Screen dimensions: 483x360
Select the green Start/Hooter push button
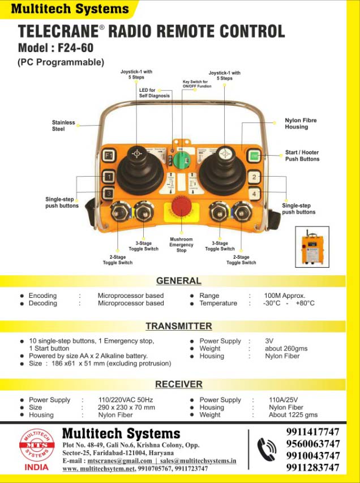(253, 156)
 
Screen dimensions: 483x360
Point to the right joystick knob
(225, 153)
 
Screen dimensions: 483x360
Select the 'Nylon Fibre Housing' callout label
(301, 123)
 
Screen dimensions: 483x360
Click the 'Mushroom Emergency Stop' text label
(181, 245)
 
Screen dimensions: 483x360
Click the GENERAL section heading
(178, 280)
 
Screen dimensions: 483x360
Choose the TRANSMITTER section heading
(178, 326)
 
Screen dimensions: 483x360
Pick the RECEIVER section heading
(178, 384)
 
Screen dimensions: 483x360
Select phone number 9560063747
(313, 444)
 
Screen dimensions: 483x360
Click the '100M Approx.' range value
(285, 296)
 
